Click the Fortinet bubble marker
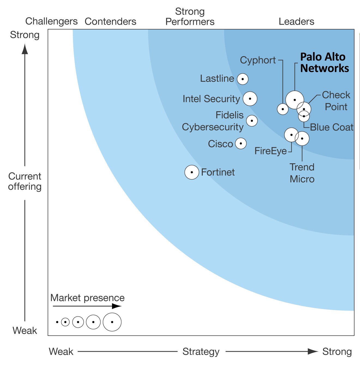click(192, 172)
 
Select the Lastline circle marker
click(243, 79)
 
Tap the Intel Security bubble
click(250, 99)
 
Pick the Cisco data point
click(241, 143)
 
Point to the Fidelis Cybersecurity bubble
click(252, 121)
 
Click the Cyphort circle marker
click(283, 109)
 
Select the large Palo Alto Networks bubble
click(294, 100)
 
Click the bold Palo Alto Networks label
click(324, 63)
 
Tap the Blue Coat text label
click(332, 127)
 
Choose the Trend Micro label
click(302, 173)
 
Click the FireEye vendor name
click(271, 151)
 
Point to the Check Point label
click(336, 101)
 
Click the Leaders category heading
click(296, 22)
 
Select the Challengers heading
click(51, 21)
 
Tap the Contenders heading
click(110, 22)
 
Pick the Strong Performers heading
click(190, 17)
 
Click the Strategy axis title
click(201, 352)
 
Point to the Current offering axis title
click(25, 181)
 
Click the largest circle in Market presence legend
click(112, 322)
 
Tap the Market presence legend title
click(87, 298)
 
